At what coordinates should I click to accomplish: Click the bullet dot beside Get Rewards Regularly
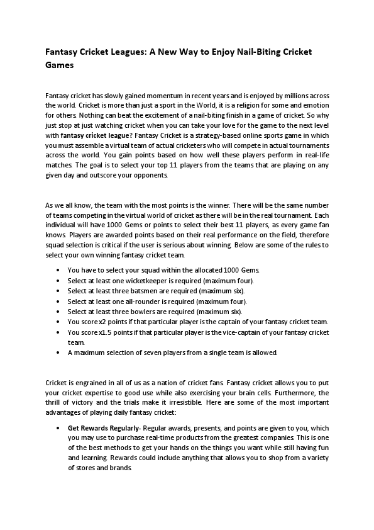coord(58,427)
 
